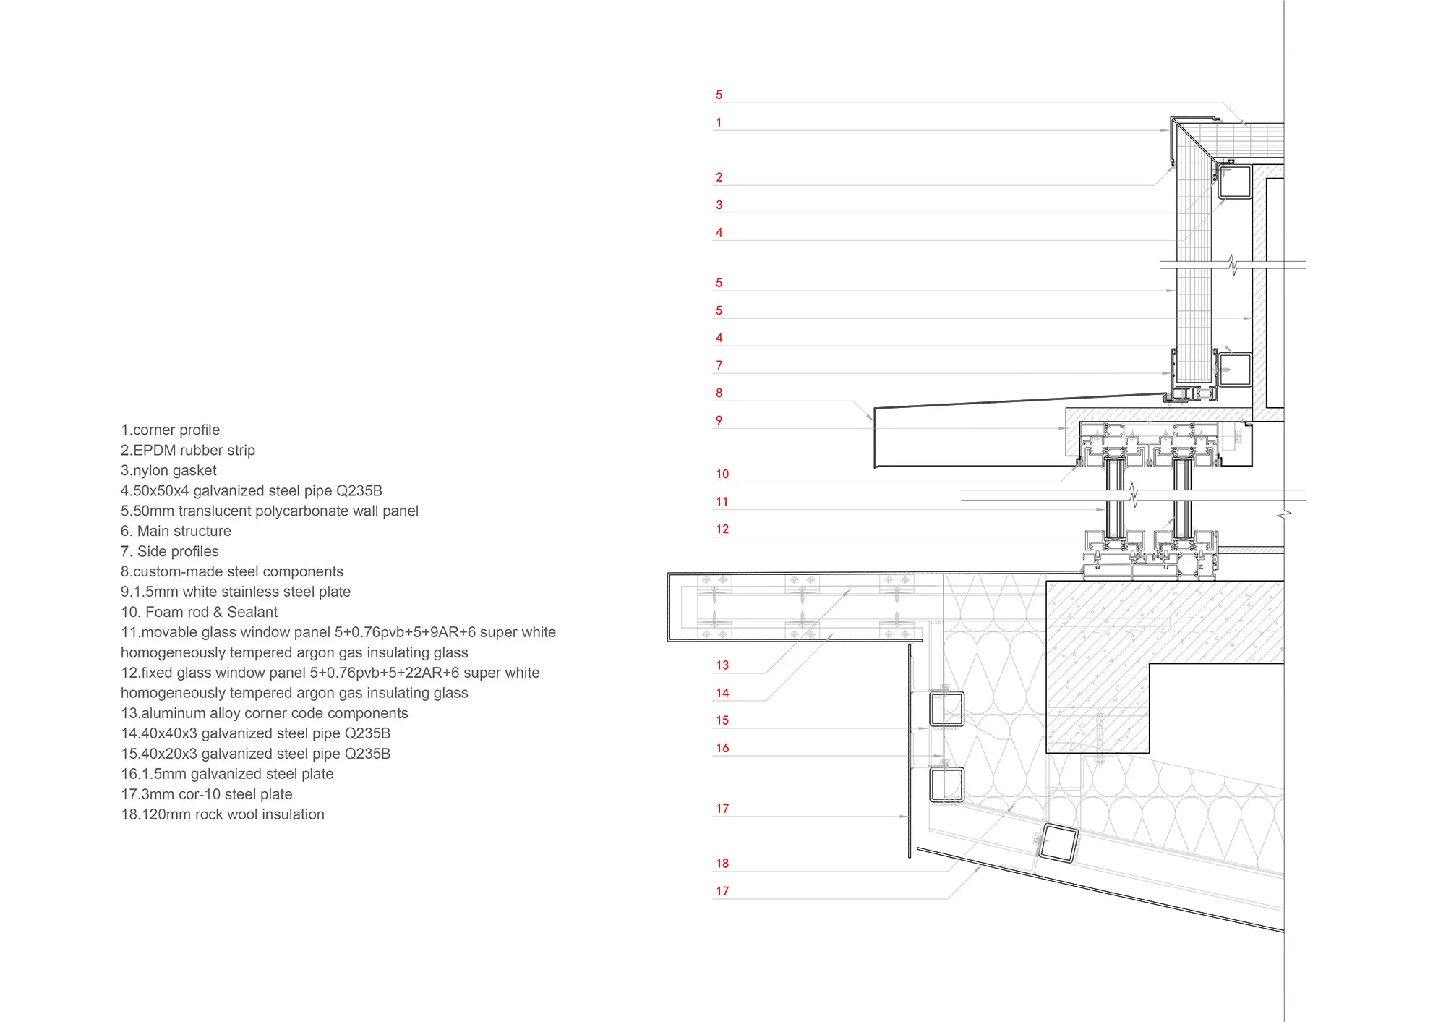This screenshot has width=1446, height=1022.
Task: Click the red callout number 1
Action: point(719,122)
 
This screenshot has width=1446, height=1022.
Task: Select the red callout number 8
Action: point(719,393)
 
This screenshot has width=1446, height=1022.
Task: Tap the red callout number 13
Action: point(722,665)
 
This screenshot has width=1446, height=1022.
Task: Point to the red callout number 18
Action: point(722,863)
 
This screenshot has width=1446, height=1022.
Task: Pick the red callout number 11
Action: point(722,501)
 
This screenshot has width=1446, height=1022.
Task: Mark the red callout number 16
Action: point(722,748)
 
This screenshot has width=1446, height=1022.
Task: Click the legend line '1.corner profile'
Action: point(170,430)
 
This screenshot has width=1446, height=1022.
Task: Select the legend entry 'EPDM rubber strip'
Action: point(188,450)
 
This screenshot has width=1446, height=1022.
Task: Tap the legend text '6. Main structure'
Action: point(176,531)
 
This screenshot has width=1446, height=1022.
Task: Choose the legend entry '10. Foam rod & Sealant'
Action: point(199,612)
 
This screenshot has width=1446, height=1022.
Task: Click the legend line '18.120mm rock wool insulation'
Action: point(222,814)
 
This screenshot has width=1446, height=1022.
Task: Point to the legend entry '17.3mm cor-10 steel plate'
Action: point(206,794)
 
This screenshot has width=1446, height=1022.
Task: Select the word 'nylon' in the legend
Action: point(150,470)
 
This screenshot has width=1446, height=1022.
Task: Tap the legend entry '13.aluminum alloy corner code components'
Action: point(264,713)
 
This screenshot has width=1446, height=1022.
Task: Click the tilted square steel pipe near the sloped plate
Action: point(1058,843)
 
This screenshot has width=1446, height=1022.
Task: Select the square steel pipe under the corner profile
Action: point(1234,181)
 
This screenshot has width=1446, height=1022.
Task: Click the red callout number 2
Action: point(719,177)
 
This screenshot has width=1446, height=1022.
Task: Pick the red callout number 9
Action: point(719,420)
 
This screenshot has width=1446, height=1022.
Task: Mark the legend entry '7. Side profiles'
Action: point(169,551)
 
